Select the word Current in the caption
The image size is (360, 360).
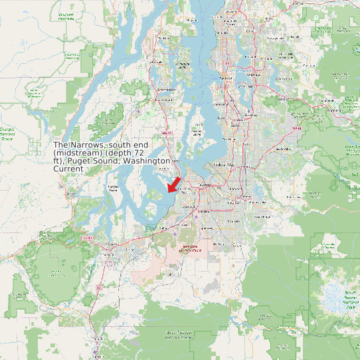pos(68,169)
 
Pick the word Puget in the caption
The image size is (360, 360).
pos(97,161)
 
